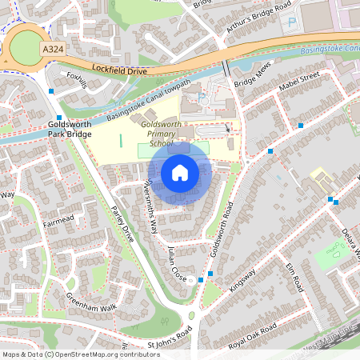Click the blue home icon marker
coord(180,173)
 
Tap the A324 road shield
coord(53,50)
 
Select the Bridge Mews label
coord(250,82)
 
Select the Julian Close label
coord(178,263)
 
